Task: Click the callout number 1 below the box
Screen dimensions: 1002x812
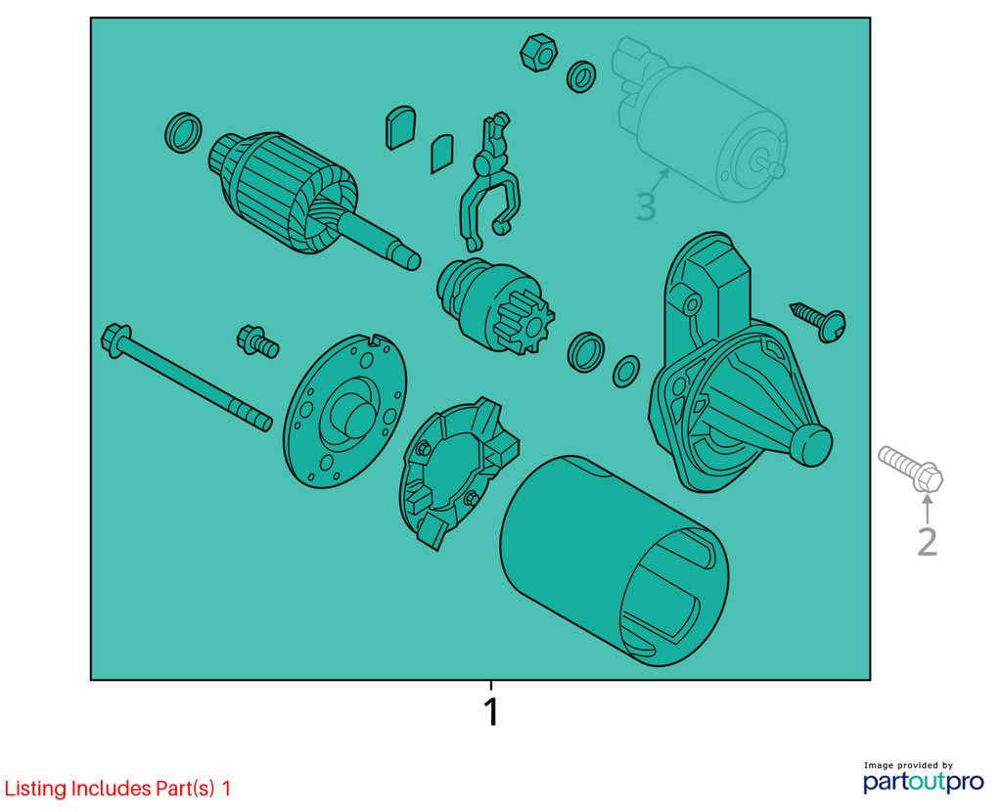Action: pos(491,711)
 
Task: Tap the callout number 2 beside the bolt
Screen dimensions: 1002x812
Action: pos(928,542)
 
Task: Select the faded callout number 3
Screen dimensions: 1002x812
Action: pos(646,207)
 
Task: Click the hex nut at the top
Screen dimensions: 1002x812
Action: pos(538,53)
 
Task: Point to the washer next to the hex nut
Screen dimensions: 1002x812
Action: pos(581,76)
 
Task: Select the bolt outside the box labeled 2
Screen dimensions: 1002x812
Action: pos(911,469)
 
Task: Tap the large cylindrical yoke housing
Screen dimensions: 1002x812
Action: pos(614,561)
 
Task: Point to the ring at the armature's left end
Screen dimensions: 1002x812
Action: pos(183,133)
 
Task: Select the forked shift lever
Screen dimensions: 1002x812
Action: pos(489,182)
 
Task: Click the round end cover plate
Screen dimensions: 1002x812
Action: pos(345,410)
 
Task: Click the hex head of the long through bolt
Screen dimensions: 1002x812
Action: pos(115,339)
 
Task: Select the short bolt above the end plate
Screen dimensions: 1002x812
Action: pos(257,341)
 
